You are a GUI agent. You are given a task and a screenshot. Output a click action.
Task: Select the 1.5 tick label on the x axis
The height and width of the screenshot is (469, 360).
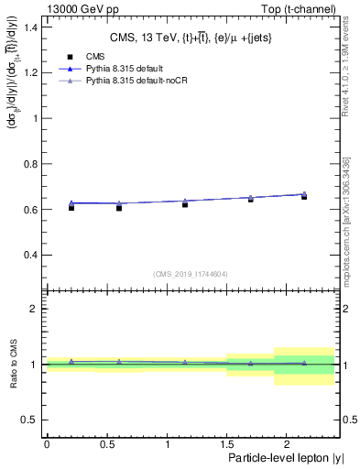click(x=226, y=444)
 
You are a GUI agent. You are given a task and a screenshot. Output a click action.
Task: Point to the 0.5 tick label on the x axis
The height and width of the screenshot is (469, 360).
click(x=106, y=444)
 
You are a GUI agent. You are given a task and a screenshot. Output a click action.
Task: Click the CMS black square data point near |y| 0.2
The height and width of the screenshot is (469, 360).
click(x=71, y=208)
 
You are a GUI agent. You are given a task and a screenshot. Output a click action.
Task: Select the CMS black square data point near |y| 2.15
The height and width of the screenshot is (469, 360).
click(x=304, y=197)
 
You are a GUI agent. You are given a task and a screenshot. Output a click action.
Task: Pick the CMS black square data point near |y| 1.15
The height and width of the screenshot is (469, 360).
click(x=185, y=204)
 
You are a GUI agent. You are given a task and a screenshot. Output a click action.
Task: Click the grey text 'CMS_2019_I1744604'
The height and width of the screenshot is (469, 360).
click(x=191, y=274)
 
